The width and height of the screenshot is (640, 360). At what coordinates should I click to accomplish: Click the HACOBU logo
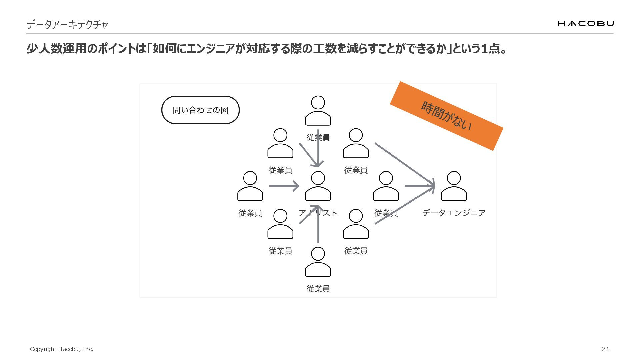[x=585, y=23]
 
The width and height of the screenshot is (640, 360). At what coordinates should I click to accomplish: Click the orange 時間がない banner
[x=446, y=116]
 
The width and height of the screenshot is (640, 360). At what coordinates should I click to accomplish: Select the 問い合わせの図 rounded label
[x=200, y=110]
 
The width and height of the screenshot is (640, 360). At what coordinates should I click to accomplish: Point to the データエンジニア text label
[x=454, y=213]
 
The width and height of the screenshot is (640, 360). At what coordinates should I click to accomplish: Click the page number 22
[x=605, y=349]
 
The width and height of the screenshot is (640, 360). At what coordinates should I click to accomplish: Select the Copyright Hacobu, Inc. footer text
[x=61, y=349]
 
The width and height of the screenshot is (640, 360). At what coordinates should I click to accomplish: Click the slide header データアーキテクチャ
[x=67, y=25]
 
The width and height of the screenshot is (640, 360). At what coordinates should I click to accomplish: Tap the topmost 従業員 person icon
[x=318, y=111]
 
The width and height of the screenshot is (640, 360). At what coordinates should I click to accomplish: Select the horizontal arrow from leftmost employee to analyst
[x=284, y=186]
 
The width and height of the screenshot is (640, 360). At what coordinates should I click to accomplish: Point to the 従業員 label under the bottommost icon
[x=318, y=289]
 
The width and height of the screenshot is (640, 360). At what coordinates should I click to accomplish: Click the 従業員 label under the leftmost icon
[x=250, y=213]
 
